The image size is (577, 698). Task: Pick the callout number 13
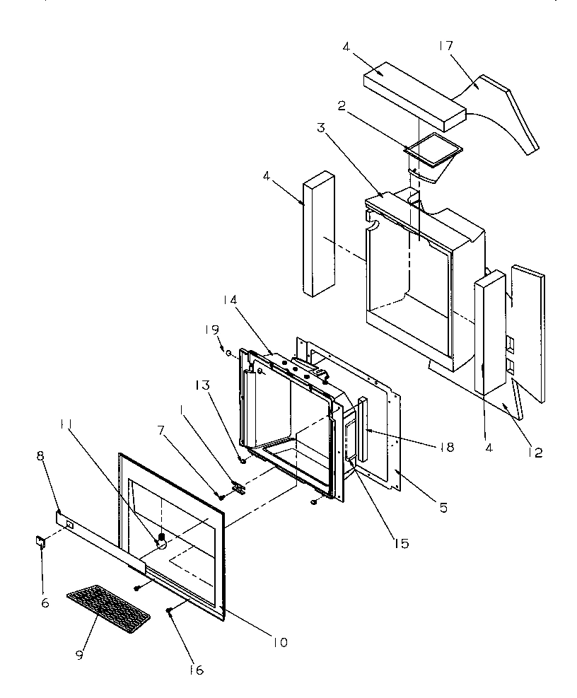coord(203,385)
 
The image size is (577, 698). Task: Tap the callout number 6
coord(44,583)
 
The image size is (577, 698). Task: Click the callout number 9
coord(78,656)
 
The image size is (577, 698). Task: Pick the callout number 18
coord(445,447)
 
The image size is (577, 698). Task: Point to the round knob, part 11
coord(161,542)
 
